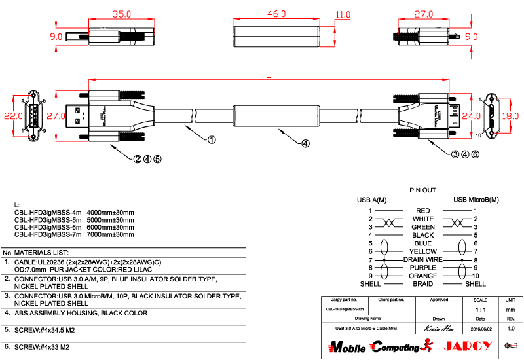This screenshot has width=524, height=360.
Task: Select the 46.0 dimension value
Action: (276, 14)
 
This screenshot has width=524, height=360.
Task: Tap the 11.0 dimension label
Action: (343, 14)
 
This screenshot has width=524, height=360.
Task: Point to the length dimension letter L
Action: (269, 76)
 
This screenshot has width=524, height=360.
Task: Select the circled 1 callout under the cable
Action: (212, 139)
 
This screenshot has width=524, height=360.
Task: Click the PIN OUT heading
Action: (422, 190)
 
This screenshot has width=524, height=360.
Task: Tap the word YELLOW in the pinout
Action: (422, 251)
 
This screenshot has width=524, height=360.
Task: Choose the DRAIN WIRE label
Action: (422, 260)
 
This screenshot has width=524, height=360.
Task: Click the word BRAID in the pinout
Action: (422, 284)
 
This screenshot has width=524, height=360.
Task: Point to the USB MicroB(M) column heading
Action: (476, 200)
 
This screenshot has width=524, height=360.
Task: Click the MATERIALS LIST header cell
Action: (41, 252)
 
